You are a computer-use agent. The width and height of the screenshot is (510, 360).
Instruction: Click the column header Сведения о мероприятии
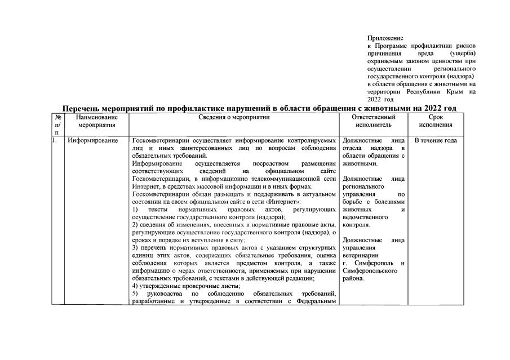[x=234, y=117]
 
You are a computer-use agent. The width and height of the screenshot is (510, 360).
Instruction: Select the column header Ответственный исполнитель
[x=373, y=121]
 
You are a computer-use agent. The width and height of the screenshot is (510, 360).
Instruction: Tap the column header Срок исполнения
[x=435, y=121]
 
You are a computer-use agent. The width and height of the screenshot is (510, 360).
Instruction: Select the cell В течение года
[x=435, y=140]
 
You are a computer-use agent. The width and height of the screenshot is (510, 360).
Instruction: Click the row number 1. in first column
[x=55, y=140]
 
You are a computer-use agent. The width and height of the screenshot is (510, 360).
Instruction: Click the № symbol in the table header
[x=57, y=117]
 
